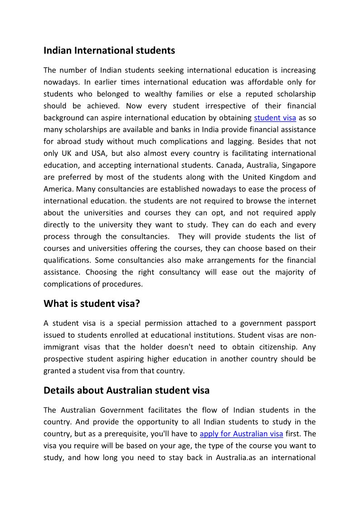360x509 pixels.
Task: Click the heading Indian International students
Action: (109, 50)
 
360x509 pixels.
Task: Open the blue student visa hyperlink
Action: (275, 118)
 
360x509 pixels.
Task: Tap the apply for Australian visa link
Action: (241, 433)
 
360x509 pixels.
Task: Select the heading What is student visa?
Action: (92, 303)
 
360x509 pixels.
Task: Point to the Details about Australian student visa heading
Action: (126, 390)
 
